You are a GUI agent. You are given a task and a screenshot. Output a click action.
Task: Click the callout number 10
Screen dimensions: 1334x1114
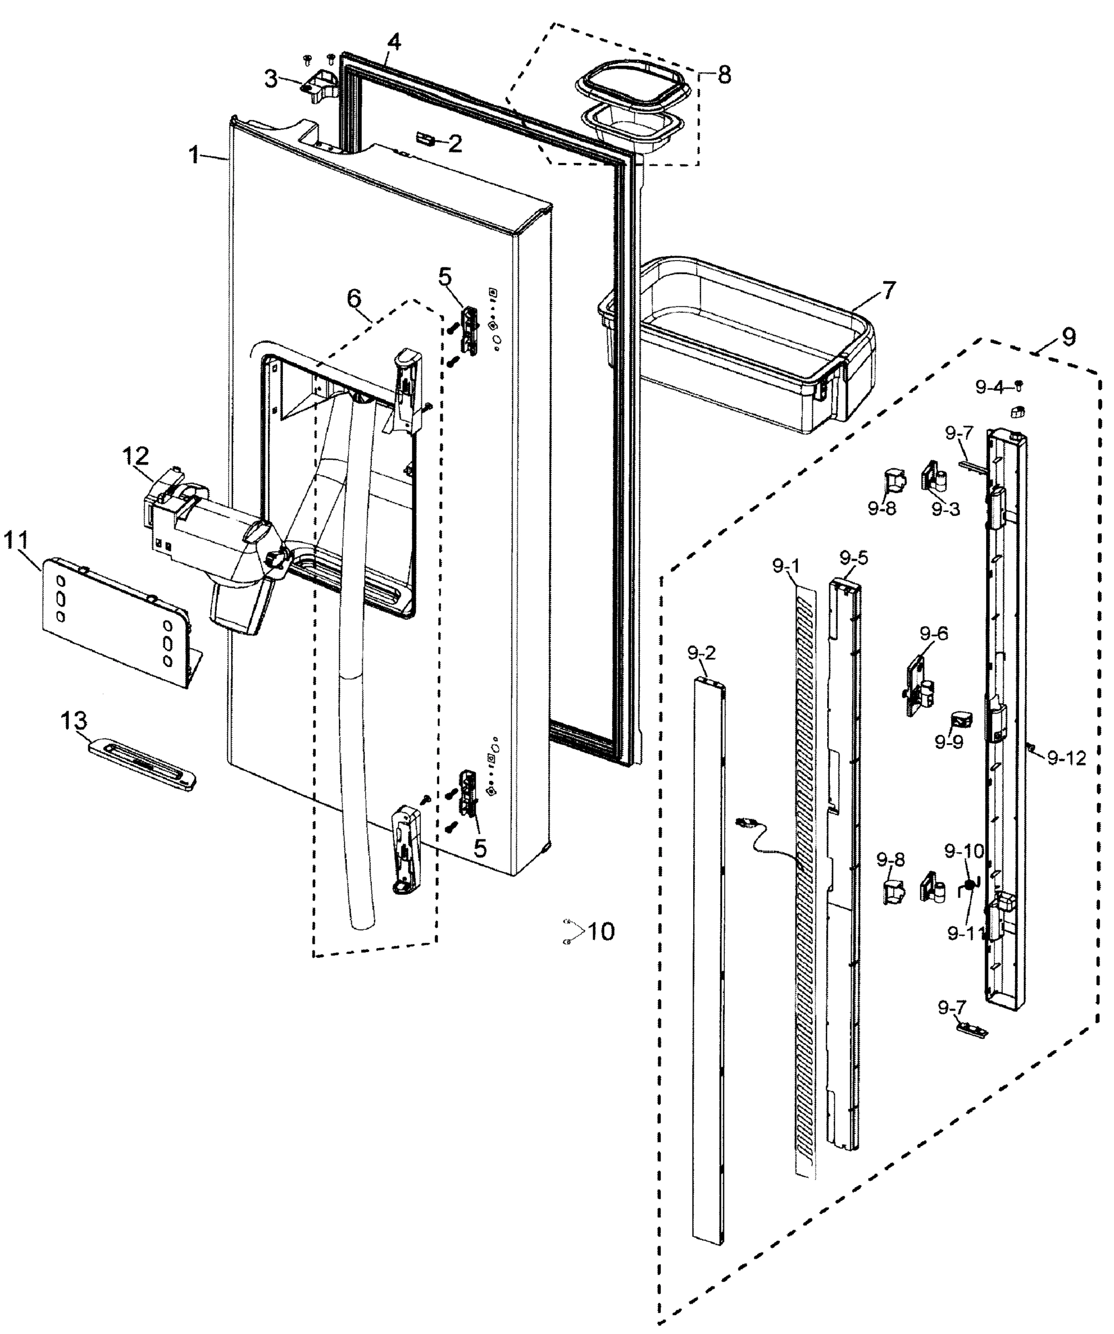(600, 932)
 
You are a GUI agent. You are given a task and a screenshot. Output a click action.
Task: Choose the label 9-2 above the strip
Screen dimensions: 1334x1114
(701, 653)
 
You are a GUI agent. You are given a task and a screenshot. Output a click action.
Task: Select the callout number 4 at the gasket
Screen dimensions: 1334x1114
(394, 43)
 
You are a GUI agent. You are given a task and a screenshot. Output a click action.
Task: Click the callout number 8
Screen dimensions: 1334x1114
(724, 75)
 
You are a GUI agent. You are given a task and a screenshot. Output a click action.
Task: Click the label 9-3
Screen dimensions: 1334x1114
(946, 508)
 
